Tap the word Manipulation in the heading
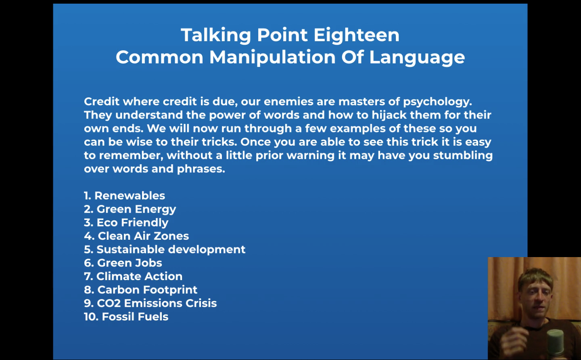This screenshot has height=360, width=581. (x=272, y=58)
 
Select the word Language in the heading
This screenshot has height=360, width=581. (x=417, y=58)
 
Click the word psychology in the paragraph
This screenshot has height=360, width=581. (x=437, y=102)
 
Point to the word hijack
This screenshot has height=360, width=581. (x=389, y=115)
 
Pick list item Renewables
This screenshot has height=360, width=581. (x=125, y=196)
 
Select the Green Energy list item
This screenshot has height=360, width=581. (x=130, y=209)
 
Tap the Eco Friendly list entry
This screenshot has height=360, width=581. (x=126, y=223)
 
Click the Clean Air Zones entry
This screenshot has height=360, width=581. (x=136, y=236)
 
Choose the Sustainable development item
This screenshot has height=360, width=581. (x=165, y=249)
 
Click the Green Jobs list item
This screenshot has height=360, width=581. (x=123, y=263)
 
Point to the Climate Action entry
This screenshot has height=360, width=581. (x=133, y=276)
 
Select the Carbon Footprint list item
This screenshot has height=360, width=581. (x=140, y=290)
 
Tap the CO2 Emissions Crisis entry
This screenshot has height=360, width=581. (x=150, y=303)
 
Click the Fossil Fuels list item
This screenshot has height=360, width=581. (x=126, y=317)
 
